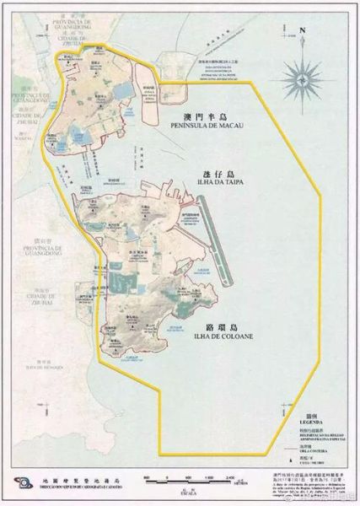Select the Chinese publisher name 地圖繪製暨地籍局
67,478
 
